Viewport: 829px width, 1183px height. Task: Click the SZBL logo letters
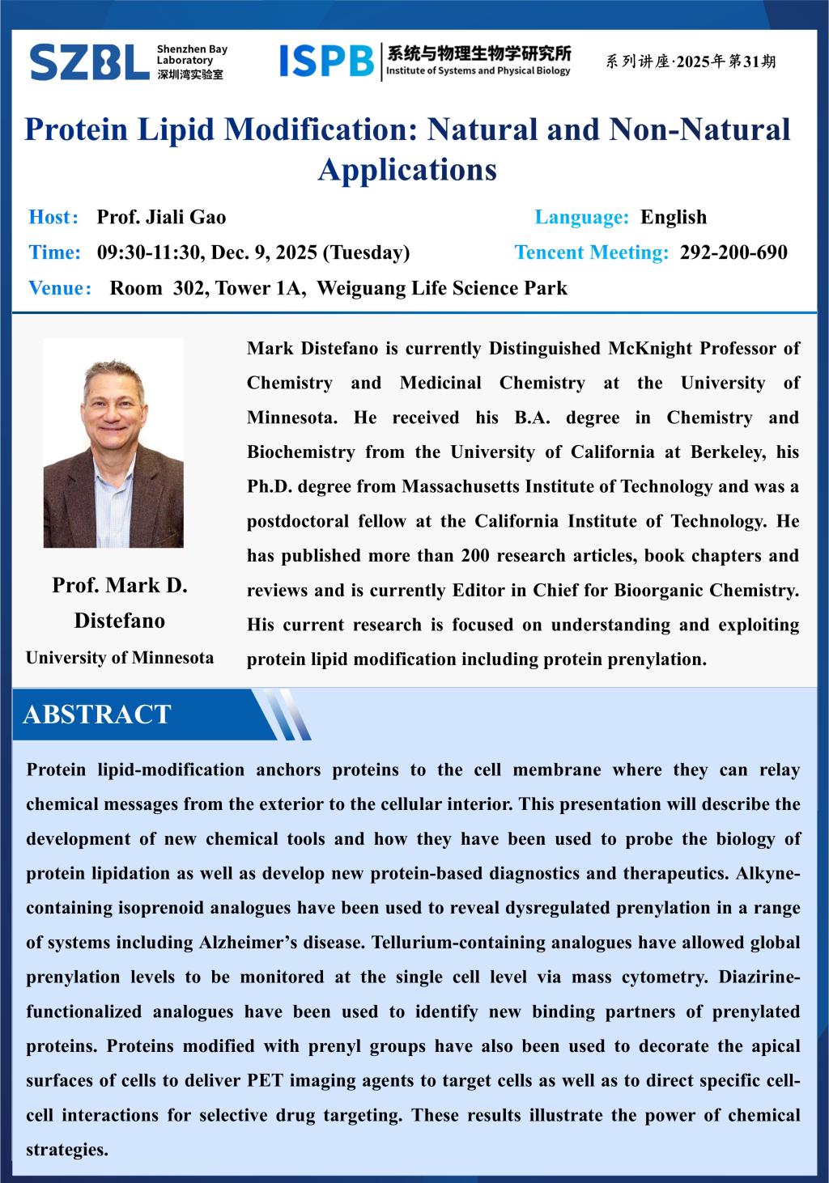pos(89,62)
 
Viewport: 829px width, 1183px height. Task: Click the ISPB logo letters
pos(325,61)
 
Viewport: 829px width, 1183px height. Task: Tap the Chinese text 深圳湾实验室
pos(190,74)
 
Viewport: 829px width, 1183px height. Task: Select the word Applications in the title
pos(407,170)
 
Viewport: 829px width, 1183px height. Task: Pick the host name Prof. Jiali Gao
pos(161,217)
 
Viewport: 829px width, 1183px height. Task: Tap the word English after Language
pos(674,217)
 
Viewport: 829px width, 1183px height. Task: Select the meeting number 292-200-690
pos(733,252)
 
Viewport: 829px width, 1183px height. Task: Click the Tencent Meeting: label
pos(592,252)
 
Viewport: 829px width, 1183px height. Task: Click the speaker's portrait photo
pos(113,443)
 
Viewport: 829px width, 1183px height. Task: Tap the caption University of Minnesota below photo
pos(120,657)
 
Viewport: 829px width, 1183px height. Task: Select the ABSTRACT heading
pos(97,714)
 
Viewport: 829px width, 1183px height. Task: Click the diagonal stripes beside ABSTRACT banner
pos(283,714)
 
